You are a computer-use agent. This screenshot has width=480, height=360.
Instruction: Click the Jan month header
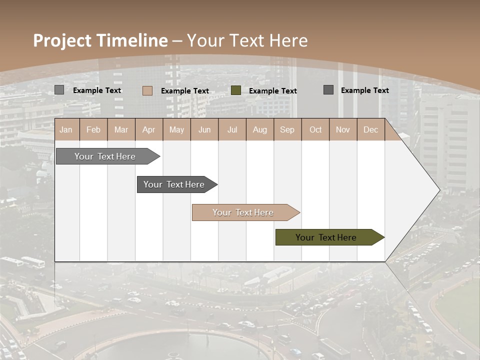[66, 129]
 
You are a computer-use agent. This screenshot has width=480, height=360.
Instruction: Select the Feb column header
[93, 129]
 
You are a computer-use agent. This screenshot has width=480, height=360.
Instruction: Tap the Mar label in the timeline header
[121, 129]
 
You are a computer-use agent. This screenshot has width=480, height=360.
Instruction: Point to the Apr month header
[149, 129]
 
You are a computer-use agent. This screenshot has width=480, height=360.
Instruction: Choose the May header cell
[176, 129]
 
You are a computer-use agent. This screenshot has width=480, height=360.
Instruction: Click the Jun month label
[204, 129]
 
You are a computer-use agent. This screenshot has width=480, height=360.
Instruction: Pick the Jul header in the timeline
[232, 129]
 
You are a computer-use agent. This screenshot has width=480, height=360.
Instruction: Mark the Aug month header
[260, 129]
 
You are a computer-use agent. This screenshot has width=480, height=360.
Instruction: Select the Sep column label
[287, 129]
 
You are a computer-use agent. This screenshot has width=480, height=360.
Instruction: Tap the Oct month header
[315, 129]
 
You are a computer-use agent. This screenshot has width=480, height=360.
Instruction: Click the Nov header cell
[343, 129]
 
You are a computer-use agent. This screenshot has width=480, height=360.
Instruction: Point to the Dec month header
[370, 129]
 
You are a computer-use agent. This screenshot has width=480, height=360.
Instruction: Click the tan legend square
[147, 90]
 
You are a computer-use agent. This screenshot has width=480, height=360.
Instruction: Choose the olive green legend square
[236, 90]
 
